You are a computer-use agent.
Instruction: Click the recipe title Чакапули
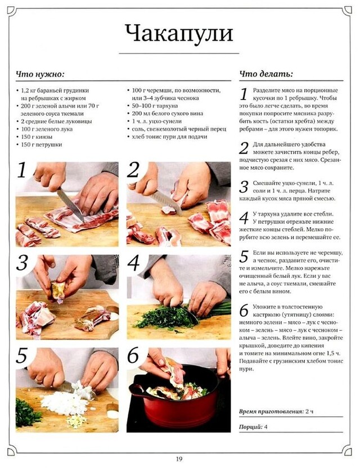[x=179, y=33]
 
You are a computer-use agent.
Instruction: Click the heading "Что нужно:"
[x=40, y=74]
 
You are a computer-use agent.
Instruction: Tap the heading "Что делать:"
[x=266, y=74]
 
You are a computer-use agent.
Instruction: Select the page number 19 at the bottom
[x=179, y=459]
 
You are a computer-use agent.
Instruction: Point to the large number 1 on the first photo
[x=22, y=170]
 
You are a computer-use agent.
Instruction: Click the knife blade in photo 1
[x=70, y=203]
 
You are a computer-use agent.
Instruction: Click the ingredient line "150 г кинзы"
[x=37, y=137]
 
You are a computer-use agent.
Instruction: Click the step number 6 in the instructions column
[x=244, y=310]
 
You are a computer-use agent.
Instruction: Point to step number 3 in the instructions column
[x=244, y=187]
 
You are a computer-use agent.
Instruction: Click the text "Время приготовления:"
[x=271, y=411]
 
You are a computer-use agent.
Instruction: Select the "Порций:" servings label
[x=251, y=427]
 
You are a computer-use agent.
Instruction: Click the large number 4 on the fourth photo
[x=133, y=263]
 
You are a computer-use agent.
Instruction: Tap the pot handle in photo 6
[x=138, y=391]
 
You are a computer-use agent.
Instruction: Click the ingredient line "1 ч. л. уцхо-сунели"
[x=156, y=121]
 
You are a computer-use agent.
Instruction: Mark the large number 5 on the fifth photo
[x=22, y=355]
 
